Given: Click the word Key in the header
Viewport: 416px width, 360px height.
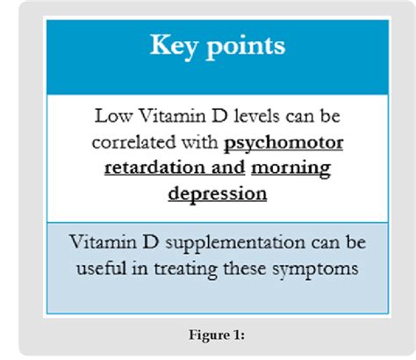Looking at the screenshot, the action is click(x=173, y=47).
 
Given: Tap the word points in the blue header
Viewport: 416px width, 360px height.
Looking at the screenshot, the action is click(x=246, y=47).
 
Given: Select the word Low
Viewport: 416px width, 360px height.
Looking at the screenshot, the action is click(x=113, y=116).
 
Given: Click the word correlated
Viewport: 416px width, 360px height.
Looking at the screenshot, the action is click(x=133, y=142).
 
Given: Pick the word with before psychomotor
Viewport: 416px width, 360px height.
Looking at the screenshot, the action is click(x=200, y=141).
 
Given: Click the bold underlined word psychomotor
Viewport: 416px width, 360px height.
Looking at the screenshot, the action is click(x=283, y=144).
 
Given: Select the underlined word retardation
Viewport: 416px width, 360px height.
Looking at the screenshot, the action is click(x=155, y=168).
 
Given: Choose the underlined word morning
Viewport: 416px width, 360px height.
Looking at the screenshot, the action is click(x=291, y=169).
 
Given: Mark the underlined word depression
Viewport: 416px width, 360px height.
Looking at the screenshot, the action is click(x=218, y=195).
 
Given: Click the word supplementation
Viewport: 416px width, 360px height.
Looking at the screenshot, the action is click(x=235, y=244).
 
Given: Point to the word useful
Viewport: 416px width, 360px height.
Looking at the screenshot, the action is click(x=102, y=268).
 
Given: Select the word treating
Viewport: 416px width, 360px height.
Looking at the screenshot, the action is click(x=185, y=270).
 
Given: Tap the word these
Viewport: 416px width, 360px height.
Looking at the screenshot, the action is click(x=245, y=268).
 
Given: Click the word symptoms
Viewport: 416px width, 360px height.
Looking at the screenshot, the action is click(x=315, y=270).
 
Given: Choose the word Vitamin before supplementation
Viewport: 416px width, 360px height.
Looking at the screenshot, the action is click(x=103, y=242).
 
